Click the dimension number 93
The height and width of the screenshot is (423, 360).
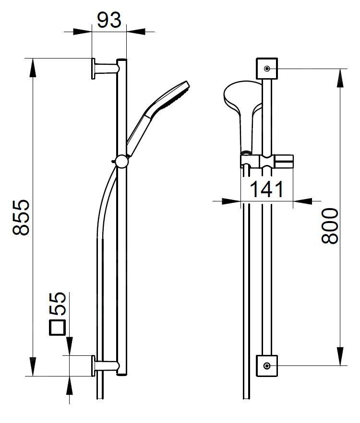point(109,20)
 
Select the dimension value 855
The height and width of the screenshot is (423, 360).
point(22,217)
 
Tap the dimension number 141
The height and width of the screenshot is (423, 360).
point(266,189)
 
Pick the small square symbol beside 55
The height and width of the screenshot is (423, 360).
point(58,328)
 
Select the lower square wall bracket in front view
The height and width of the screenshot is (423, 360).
point(267,365)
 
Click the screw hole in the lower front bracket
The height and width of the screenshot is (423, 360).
point(267,365)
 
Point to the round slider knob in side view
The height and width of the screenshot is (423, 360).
point(121,161)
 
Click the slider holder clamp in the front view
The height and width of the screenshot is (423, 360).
point(266,161)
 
